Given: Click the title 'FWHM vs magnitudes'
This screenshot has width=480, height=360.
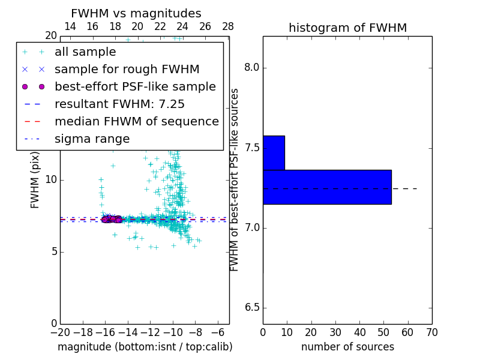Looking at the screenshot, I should [x=136, y=14].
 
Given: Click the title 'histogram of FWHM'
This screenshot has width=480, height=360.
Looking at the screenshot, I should [x=347, y=28].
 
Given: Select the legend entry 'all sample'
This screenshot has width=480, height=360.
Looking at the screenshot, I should [x=85, y=52].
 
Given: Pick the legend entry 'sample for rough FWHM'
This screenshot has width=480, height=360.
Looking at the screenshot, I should [x=127, y=70].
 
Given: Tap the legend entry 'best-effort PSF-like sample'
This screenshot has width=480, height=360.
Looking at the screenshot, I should [x=135, y=87].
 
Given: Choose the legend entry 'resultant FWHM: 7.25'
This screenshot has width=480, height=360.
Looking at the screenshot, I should [x=119, y=104].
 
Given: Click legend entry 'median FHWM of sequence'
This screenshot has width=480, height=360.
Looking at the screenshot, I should [x=136, y=122].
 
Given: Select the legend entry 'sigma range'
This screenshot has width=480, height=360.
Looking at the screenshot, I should [x=92, y=139].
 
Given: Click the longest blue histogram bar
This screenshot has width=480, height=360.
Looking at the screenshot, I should [x=327, y=187].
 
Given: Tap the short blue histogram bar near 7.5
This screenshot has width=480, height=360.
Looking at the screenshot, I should [x=274, y=152].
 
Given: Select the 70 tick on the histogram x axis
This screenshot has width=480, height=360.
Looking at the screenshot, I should [x=431, y=332].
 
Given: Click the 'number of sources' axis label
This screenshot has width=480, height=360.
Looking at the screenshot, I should [x=347, y=347].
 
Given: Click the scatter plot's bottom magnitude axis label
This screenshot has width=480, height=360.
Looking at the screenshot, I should [x=145, y=347].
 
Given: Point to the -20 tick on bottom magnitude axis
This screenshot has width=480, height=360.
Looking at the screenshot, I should [x=60, y=332].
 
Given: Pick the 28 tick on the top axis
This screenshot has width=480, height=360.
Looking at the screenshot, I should [x=228, y=26].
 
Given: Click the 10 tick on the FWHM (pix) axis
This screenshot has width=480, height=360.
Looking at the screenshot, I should [x=51, y=179].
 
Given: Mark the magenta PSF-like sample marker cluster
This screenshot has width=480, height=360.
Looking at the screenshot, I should [x=111, y=220].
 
